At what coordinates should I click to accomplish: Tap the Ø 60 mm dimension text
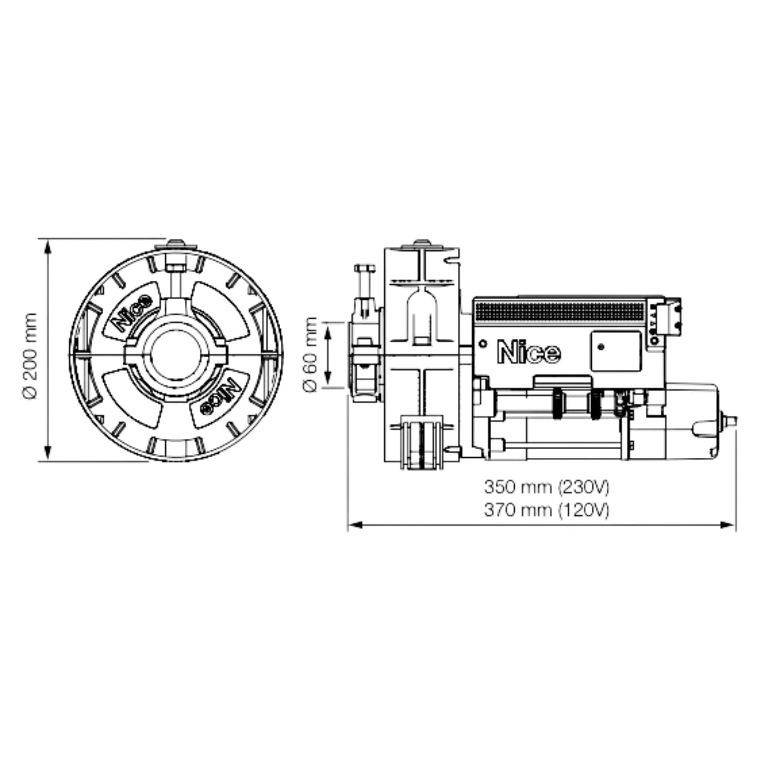click(311, 355)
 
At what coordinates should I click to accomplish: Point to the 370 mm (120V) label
click(546, 510)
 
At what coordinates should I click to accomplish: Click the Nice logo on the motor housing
click(529, 353)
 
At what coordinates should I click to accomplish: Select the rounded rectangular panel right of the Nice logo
click(615, 351)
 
